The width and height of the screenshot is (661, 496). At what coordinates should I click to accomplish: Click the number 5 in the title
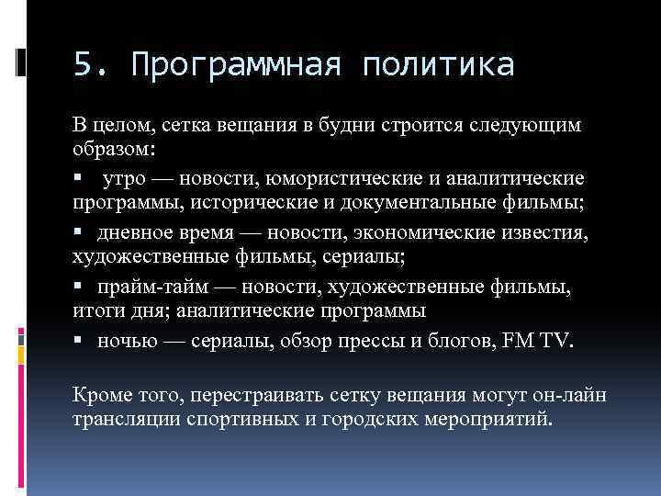84,65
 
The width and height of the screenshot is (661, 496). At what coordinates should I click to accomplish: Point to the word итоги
95,310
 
